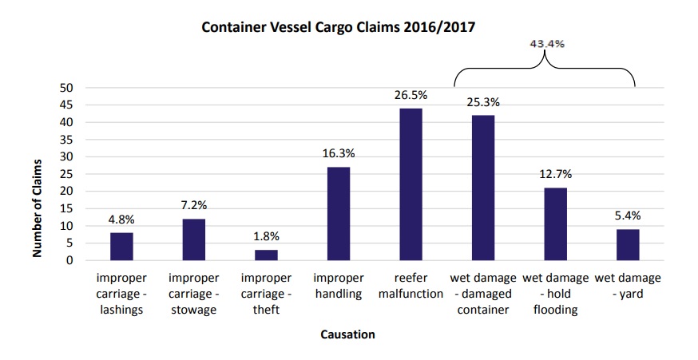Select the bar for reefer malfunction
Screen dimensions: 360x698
[x=410, y=184]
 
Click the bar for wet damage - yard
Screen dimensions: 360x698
[x=629, y=245]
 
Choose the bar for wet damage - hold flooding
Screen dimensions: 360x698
[x=556, y=224]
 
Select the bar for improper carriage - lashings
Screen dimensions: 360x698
[x=122, y=247]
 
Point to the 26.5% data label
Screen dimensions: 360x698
[x=410, y=95]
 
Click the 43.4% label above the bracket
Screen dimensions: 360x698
[x=547, y=44]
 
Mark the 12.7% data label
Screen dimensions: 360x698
[x=556, y=174]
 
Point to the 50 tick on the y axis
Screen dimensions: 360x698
[x=66, y=88]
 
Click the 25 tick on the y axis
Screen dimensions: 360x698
[x=66, y=174]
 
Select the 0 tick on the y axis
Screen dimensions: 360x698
[x=69, y=260]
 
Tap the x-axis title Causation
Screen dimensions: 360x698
[x=348, y=335]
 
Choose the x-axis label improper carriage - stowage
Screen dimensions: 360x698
[x=193, y=294]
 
